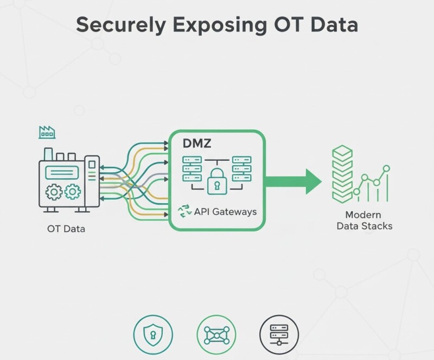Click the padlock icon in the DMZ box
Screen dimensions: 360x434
pyautogui.click(x=217, y=181)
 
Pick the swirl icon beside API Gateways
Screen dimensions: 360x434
pyautogui.click(x=185, y=212)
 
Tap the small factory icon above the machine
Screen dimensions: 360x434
pyautogui.click(x=47, y=131)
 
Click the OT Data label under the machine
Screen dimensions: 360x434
pyautogui.click(x=66, y=229)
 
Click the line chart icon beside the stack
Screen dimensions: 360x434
pyautogui.click(x=372, y=185)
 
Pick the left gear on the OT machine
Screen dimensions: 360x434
pyautogui.click(x=53, y=192)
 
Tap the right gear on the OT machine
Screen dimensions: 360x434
pyautogui.click(x=72, y=192)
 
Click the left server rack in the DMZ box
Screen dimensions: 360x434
pyautogui.click(x=193, y=169)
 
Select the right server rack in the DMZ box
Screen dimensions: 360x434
pyautogui.click(x=241, y=169)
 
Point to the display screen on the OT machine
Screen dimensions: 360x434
pyautogui.click(x=62, y=173)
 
